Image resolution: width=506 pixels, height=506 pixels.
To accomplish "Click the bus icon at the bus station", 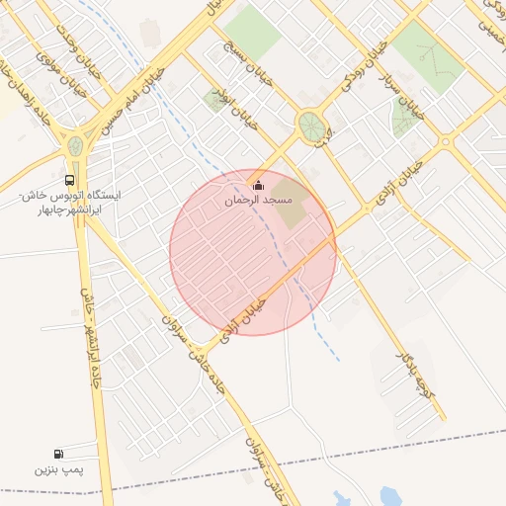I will [69, 181].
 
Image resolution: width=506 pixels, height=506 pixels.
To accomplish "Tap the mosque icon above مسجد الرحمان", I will [259, 185].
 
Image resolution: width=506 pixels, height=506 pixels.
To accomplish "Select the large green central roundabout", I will [310, 126].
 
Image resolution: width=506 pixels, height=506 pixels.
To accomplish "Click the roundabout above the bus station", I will [75, 147].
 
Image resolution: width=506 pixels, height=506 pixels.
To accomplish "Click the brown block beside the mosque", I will [290, 195].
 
